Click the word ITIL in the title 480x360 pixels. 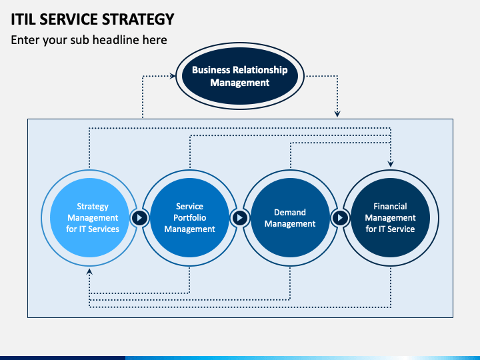coord(23,19)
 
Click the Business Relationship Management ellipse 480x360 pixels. coord(240,76)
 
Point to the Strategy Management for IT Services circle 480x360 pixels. coord(89,217)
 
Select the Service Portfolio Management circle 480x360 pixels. coord(190,217)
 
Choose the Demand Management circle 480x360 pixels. coord(290,217)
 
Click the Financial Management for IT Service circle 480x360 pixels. coord(390,217)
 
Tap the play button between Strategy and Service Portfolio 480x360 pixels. coord(139,217)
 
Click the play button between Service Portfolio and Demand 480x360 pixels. coord(240,217)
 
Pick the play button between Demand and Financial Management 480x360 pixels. coord(340,217)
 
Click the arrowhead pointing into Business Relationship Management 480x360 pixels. coord(173,75)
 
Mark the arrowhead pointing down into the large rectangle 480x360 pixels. coord(337,114)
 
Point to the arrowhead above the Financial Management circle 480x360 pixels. coord(391,164)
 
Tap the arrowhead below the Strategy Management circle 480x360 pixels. coord(89,271)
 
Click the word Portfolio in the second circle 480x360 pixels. coord(190,217)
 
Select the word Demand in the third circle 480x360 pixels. coord(290,212)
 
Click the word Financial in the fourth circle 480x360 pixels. coord(390,206)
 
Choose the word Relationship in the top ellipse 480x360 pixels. coord(260,70)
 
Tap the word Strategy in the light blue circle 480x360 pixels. coord(93,207)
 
